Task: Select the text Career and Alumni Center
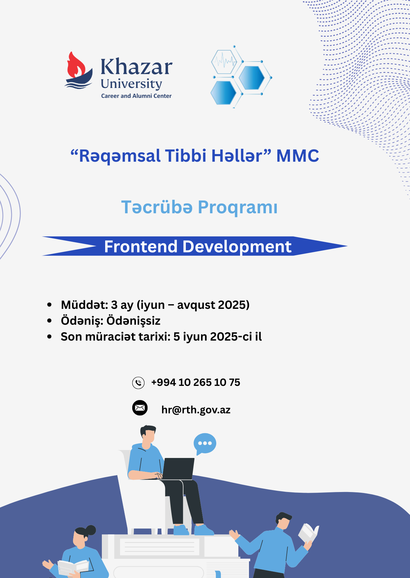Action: [136, 96]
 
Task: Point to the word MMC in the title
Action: [298, 156]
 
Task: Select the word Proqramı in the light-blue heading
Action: [238, 207]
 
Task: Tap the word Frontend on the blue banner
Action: [141, 247]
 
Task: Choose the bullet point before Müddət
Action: [50, 305]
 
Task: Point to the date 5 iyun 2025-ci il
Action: [218, 337]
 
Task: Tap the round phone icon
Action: [138, 383]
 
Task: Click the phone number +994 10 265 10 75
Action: [196, 383]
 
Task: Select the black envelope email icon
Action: [140, 408]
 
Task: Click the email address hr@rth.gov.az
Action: [196, 410]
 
